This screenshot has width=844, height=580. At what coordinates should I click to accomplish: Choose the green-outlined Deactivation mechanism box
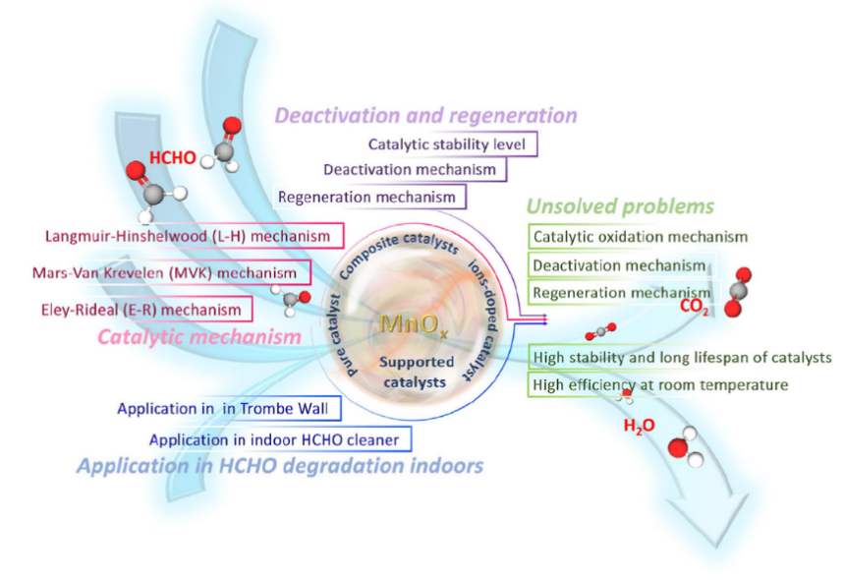(x=619, y=265)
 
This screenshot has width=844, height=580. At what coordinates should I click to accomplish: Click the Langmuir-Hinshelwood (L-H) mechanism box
(x=194, y=237)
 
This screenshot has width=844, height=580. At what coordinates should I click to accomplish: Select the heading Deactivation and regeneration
(x=425, y=116)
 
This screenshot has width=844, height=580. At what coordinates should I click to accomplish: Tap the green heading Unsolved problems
(x=620, y=207)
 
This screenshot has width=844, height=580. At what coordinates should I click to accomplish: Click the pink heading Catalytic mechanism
(x=199, y=337)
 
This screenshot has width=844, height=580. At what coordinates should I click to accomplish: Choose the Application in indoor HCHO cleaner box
(x=281, y=438)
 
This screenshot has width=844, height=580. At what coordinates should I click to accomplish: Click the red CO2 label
(x=694, y=307)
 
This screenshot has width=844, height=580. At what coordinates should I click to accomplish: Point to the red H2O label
(x=639, y=427)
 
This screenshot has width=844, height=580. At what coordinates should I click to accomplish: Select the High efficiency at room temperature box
(x=659, y=384)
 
